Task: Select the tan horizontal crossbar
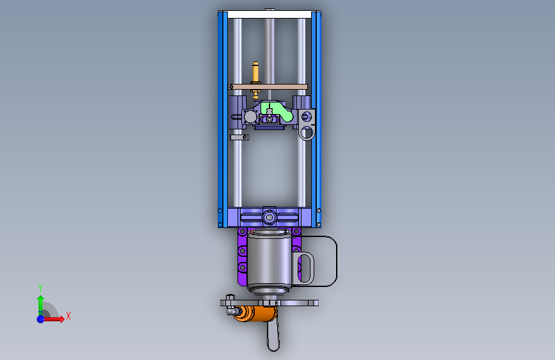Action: tap(268, 87)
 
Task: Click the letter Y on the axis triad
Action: tap(40, 288)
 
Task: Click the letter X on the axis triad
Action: tap(68, 316)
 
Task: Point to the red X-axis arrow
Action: tap(53, 319)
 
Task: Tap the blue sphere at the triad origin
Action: tap(41, 319)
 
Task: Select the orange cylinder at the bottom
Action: tap(255, 314)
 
